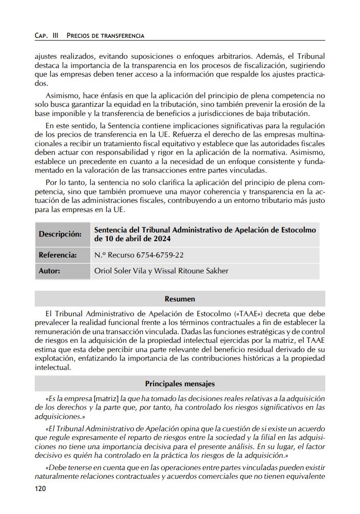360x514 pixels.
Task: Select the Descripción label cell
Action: click(60, 234)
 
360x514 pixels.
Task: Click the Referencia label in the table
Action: click(58, 254)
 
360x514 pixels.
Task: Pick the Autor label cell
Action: click(50, 271)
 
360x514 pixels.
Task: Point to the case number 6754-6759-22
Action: click(160, 254)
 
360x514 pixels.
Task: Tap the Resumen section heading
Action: click(180, 298)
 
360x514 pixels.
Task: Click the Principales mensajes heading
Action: click(180, 383)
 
